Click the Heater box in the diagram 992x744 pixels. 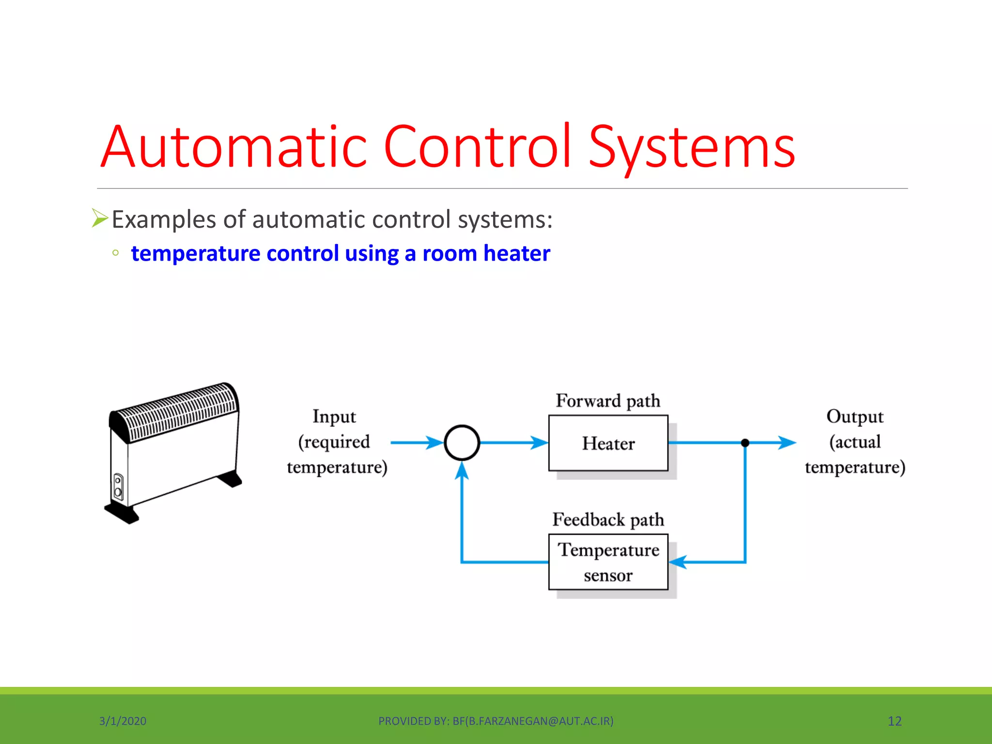(x=608, y=443)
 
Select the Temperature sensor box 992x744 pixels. (x=608, y=562)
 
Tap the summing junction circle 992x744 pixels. (x=462, y=442)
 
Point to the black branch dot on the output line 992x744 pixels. (x=745, y=443)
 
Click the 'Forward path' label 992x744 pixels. (x=608, y=401)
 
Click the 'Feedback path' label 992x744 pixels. (x=608, y=520)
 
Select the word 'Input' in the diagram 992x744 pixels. (x=334, y=417)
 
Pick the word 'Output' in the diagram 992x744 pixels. (x=855, y=417)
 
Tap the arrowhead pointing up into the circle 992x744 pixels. (x=462, y=470)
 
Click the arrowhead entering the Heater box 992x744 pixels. (x=539, y=442)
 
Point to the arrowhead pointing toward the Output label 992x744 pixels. (x=787, y=442)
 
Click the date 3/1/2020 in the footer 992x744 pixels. (x=123, y=721)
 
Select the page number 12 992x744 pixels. (x=894, y=721)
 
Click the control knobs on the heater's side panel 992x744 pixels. (x=118, y=487)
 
